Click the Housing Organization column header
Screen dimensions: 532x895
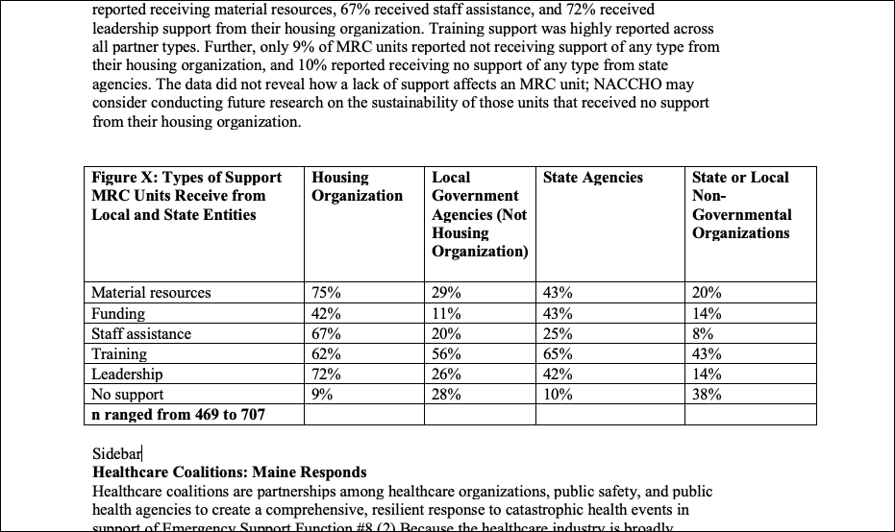coord(357,186)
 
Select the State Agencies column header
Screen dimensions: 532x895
coord(592,178)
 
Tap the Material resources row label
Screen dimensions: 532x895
coord(151,293)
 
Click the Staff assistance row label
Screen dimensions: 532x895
coord(141,334)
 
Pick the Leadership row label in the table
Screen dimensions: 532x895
coord(127,375)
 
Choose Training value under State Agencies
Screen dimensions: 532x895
coord(559,354)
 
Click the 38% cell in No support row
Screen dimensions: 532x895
coord(707,395)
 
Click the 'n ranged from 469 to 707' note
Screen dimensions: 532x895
coord(178,415)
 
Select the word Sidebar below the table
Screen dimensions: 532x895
coord(116,453)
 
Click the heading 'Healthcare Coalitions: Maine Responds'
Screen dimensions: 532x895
coord(229,472)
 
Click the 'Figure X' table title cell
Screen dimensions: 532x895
coord(186,196)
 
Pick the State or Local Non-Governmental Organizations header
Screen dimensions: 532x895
coord(741,206)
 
